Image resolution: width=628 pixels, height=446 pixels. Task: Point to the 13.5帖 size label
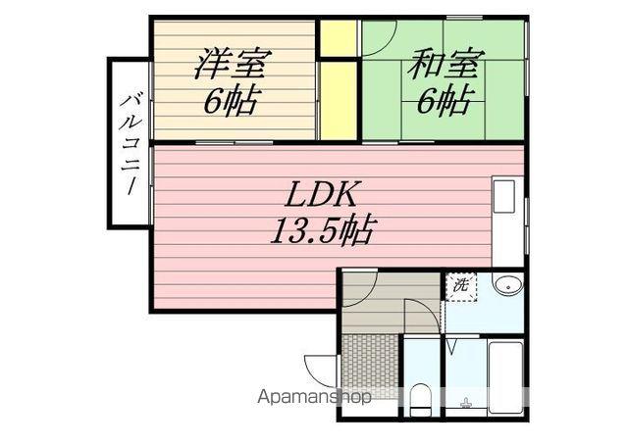tap(323, 231)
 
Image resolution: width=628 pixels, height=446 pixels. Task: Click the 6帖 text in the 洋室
tap(233, 101)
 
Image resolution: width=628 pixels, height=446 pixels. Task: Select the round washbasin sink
tap(506, 285)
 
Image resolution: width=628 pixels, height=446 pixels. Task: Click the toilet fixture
tap(419, 399)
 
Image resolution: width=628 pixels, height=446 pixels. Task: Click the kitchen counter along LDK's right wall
tap(507, 222)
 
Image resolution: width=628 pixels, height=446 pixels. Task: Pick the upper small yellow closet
tap(339, 37)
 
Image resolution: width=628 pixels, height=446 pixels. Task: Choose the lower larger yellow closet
tap(339, 99)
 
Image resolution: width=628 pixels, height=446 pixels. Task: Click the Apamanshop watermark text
tap(313, 397)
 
